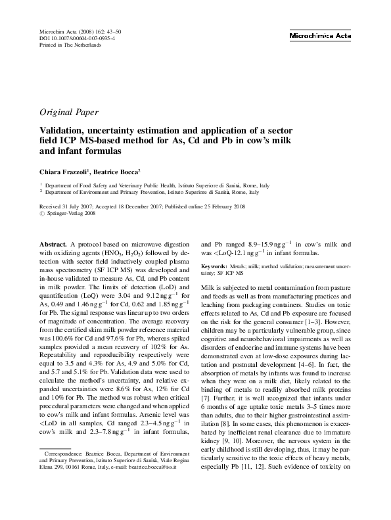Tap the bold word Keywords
(x=218, y=266)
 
